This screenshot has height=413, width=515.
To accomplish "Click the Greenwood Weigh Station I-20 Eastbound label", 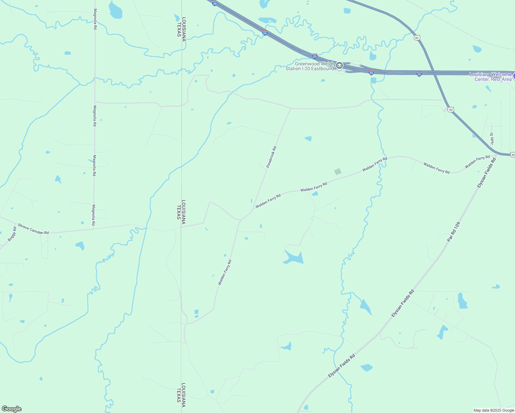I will point(310,66).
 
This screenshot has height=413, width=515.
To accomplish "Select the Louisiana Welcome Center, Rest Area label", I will point(491,77).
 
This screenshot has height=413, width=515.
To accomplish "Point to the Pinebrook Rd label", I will point(272,157).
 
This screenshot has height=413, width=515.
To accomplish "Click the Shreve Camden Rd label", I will point(33,229).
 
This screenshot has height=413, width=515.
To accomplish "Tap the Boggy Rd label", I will point(12,233).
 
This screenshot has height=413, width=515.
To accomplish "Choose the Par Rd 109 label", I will point(453,232).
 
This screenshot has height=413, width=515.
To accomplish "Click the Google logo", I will point(11,409).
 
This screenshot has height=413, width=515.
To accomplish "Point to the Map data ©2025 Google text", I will point(494,410).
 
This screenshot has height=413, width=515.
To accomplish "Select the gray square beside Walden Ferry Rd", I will point(338,171).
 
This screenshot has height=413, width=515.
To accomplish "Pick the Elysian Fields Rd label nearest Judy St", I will point(487,173).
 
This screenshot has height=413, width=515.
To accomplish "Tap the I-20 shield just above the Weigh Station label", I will point(315,56).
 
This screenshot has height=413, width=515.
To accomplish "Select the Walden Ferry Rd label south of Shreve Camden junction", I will point(225,272).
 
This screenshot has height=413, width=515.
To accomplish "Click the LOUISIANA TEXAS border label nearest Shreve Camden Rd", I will point(181,210).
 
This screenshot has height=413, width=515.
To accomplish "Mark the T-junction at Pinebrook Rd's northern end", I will point(291,108).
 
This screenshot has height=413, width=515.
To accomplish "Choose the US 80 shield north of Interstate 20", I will point(417,38).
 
